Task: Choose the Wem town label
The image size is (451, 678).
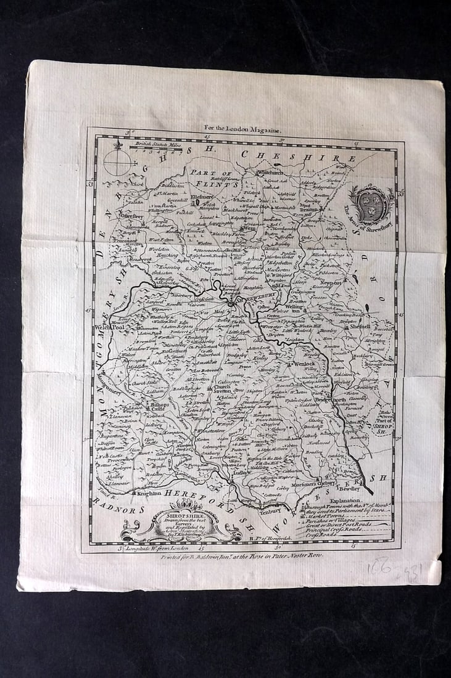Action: tap(248, 228)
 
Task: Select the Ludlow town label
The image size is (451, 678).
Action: tap(239, 473)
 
